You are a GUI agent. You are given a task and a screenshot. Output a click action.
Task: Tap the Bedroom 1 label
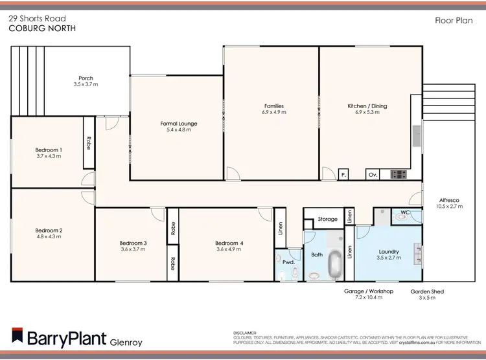(x=49, y=150)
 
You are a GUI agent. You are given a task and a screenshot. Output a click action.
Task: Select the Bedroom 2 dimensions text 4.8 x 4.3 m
(x=49, y=237)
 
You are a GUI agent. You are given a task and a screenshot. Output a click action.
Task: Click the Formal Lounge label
(x=179, y=123)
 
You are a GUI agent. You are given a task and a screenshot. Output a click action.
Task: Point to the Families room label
(x=273, y=106)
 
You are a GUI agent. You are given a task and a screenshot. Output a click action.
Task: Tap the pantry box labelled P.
(x=343, y=174)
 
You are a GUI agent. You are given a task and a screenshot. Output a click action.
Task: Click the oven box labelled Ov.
(x=373, y=174)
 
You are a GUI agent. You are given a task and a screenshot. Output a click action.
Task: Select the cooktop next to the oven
(x=397, y=174)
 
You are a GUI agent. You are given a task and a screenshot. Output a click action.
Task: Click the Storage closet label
(x=327, y=219)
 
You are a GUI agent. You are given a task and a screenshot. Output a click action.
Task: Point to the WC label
(x=405, y=212)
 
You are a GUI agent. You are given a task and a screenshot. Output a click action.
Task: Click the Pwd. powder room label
(x=288, y=261)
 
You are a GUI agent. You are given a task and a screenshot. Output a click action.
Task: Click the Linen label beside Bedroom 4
(x=280, y=227)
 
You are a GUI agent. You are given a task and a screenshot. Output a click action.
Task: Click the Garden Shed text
(x=427, y=292)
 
